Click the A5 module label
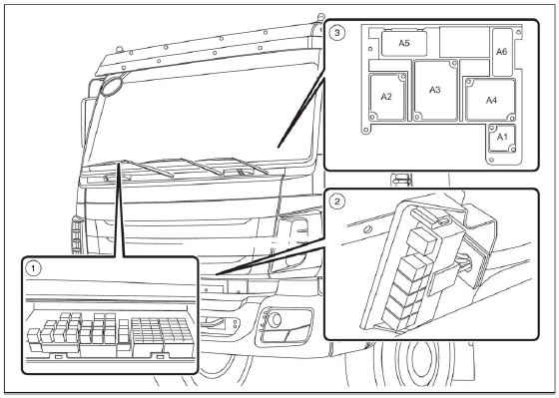point(404,43)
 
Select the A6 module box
point(502,52)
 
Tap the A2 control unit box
point(387,97)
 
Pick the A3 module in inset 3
point(435,91)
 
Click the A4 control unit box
point(490,100)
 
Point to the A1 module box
point(502,138)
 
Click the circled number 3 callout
point(337,33)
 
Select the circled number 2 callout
point(337,202)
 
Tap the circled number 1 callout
point(34,268)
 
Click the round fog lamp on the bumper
point(275,319)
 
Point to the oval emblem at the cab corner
point(111,86)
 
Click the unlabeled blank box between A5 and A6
point(465,42)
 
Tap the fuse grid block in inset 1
point(162,331)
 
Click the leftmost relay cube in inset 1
point(34,336)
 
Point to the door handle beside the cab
point(401,180)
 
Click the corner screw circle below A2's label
point(373,116)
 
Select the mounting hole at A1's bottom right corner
point(511,149)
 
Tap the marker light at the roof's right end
point(320,16)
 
